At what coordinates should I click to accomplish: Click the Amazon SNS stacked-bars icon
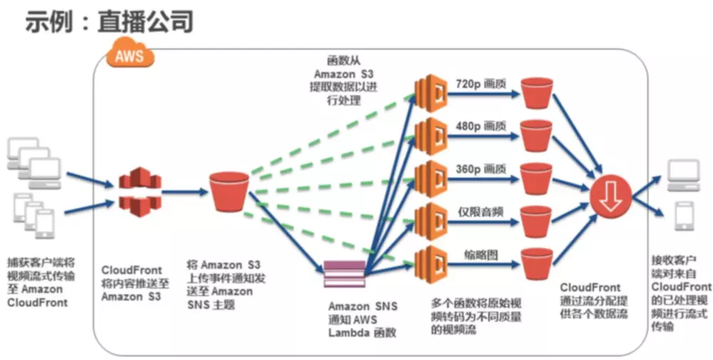pyautogui.click(x=344, y=272)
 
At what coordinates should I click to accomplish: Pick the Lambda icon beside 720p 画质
pyautogui.click(x=430, y=91)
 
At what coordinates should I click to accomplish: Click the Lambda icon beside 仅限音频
pyautogui.click(x=430, y=218)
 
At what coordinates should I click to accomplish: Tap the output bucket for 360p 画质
pyautogui.click(x=538, y=178)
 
